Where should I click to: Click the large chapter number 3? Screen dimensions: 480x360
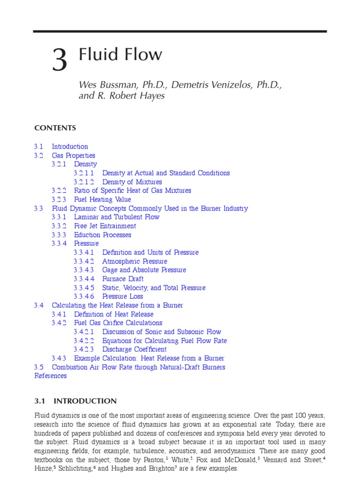[x=60, y=61]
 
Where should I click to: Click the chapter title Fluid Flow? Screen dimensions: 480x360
[x=121, y=54]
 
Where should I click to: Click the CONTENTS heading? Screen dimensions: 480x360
[x=55, y=128]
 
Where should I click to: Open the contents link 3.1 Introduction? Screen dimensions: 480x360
[x=69, y=147]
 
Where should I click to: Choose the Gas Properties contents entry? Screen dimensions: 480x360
[x=73, y=156]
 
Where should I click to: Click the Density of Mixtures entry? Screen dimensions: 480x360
[x=132, y=182]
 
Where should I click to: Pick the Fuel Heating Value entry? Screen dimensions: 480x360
[x=103, y=200]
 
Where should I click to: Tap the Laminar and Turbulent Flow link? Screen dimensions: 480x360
[x=117, y=217]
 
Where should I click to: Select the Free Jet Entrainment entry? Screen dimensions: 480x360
[x=105, y=226]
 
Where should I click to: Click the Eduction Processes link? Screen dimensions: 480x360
[x=103, y=235]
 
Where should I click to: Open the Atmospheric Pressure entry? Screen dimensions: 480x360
[x=135, y=262]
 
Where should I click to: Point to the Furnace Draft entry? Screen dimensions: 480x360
[x=123, y=279]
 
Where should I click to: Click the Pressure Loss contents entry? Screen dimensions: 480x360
[x=122, y=296]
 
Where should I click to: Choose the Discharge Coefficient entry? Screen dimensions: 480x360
[x=134, y=349]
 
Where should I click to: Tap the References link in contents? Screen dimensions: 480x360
[x=51, y=376]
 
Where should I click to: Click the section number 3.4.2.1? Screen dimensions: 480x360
[x=84, y=332]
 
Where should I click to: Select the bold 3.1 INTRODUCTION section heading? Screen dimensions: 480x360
[x=75, y=401]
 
